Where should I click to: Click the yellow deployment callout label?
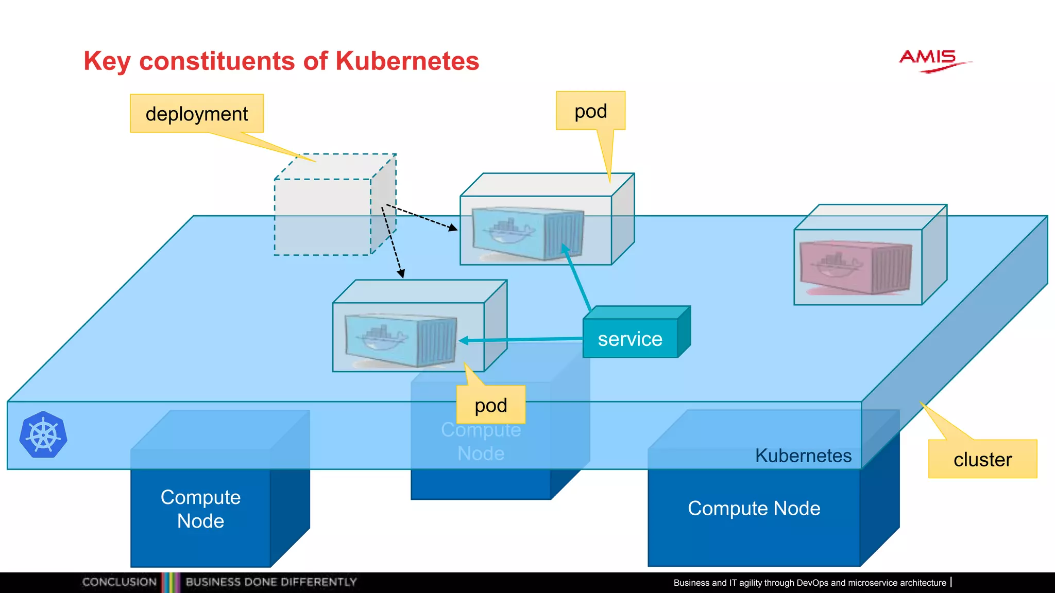tap(197, 114)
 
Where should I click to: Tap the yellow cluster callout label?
tap(982, 459)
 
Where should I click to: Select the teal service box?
tap(630, 339)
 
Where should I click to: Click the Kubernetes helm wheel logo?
tap(43, 435)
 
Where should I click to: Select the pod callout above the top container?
tap(590, 111)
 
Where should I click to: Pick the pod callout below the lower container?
tap(490, 405)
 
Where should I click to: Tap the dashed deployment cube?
tap(324, 216)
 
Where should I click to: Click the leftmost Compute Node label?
tap(200, 509)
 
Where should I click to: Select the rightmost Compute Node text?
tap(754, 508)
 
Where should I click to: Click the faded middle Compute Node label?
tap(481, 442)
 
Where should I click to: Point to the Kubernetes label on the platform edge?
tap(803, 456)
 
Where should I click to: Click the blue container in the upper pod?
tap(528, 233)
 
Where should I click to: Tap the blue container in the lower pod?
tap(400, 340)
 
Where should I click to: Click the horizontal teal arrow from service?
tap(520, 340)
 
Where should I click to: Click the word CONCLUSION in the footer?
tap(120, 582)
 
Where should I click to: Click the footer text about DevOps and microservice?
tap(809, 583)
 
